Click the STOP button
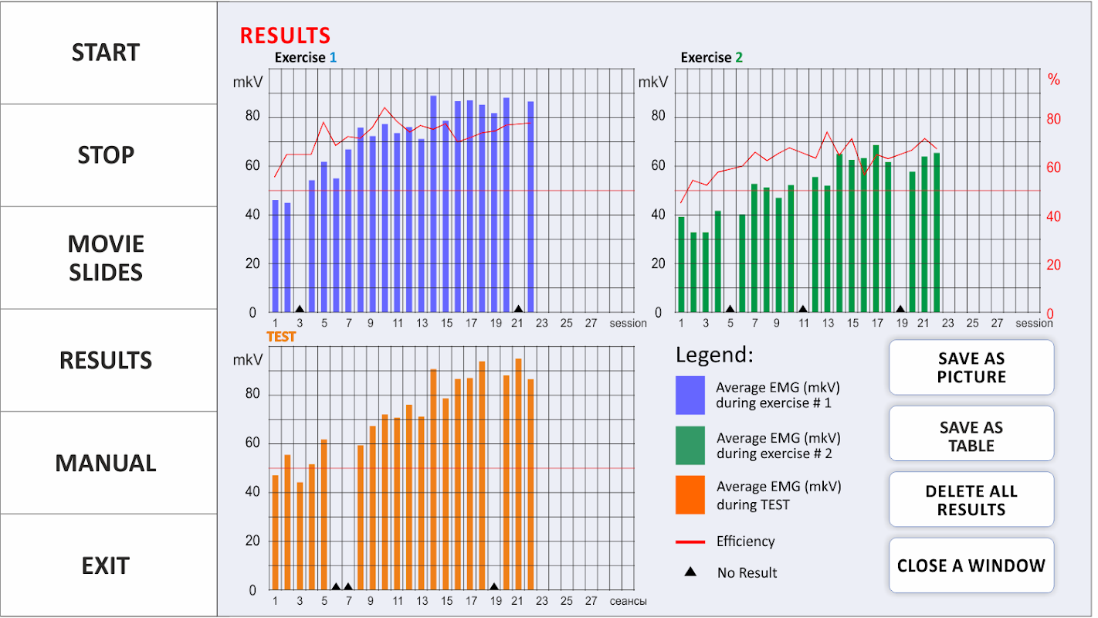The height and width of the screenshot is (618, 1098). [x=106, y=155]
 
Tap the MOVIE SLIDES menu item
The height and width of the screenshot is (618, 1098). [x=106, y=258]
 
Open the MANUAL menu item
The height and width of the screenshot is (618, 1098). [x=106, y=463]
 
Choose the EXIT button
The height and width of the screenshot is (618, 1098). [x=106, y=565]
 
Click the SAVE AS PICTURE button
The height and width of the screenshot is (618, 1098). [x=971, y=368]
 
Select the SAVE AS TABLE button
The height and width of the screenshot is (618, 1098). [x=971, y=436]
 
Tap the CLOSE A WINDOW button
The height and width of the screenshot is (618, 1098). [x=971, y=565]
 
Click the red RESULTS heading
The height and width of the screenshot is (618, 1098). [x=285, y=36]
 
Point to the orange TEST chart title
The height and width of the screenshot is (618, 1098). [x=281, y=337]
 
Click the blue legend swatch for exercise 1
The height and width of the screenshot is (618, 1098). [x=690, y=395]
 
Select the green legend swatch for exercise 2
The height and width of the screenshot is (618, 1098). [x=690, y=446]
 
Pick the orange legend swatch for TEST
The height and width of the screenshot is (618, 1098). [x=690, y=495]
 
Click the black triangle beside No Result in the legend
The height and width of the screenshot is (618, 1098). [x=690, y=572]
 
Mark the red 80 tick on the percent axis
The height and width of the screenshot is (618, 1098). [x=1053, y=120]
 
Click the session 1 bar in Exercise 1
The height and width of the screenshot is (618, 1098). [x=275, y=255]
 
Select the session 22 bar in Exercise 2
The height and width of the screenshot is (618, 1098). [x=937, y=232]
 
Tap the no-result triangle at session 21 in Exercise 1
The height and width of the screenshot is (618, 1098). [x=519, y=309]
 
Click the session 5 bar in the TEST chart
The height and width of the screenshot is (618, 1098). [x=324, y=514]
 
